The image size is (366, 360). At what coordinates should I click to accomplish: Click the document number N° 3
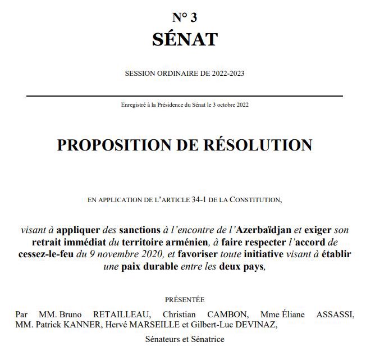coord(184,17)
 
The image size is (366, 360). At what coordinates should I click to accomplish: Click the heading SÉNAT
coord(184,39)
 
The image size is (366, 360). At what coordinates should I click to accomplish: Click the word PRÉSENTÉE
coord(185,300)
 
